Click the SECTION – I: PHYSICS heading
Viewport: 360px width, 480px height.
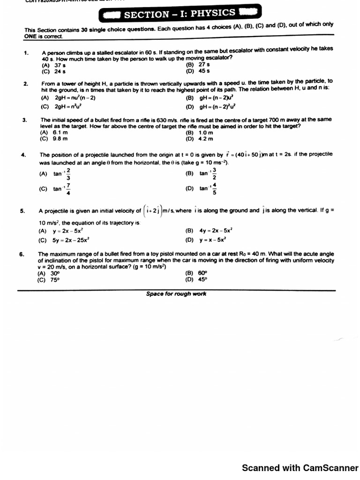point(180,14)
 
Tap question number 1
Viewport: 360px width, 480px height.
point(27,53)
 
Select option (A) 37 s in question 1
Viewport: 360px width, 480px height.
point(53,66)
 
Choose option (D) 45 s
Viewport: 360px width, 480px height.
point(197,71)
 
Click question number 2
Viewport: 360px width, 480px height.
point(25,84)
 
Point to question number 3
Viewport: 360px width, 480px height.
point(24,120)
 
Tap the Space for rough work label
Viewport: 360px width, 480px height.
point(176,294)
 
